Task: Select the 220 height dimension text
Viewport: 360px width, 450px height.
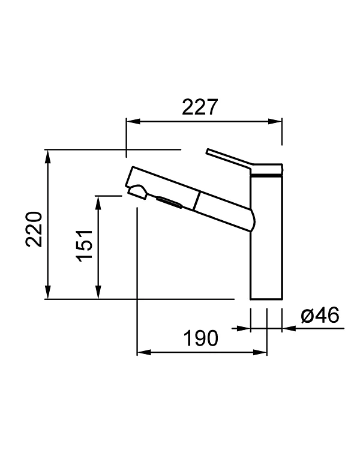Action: [x=34, y=229]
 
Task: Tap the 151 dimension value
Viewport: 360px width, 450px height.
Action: [x=84, y=244]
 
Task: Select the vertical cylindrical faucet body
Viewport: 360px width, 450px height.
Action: [x=265, y=240]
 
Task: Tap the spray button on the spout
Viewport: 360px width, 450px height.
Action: [x=170, y=202]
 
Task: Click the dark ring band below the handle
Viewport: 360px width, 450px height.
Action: [x=266, y=173]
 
